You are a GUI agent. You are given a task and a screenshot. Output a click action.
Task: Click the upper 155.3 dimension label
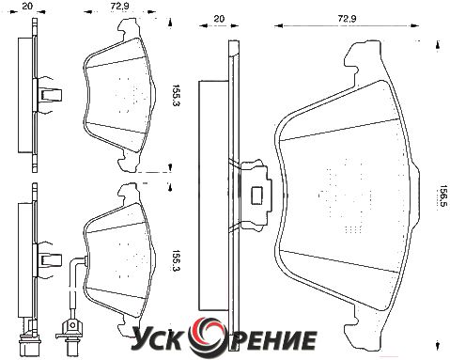coord(177,95)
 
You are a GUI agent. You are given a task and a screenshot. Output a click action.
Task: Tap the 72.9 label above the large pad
coord(348,19)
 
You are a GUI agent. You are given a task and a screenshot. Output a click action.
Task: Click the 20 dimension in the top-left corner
coord(27,6)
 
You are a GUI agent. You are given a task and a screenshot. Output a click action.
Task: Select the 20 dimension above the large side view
coord(219,19)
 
